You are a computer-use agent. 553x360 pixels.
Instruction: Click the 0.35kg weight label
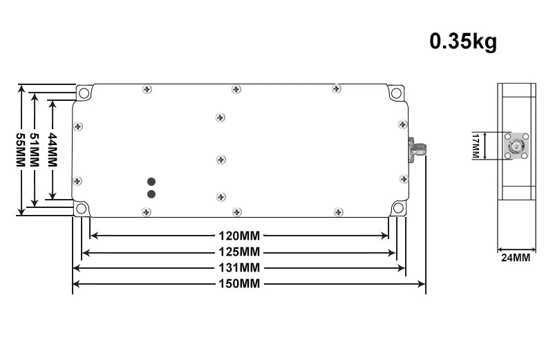pyautogui.click(x=463, y=41)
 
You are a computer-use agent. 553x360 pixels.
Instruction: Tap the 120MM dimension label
pyautogui.click(x=239, y=235)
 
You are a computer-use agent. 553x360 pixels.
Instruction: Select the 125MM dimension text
pyautogui.click(x=239, y=251)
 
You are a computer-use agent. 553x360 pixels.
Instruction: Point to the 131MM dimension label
pyautogui.click(x=239, y=267)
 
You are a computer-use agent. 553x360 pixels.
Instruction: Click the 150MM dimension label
pyautogui.click(x=239, y=284)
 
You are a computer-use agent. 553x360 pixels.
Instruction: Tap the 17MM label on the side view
pyautogui.click(x=476, y=146)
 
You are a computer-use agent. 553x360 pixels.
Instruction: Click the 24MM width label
pyautogui.click(x=516, y=258)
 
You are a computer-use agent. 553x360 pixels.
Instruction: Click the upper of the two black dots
pyautogui.click(x=151, y=182)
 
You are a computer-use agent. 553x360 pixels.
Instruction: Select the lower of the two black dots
pyautogui.click(x=151, y=194)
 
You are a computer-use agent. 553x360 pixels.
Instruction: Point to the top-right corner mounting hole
pyautogui.click(x=396, y=93)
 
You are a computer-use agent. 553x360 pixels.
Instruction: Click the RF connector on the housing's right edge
pyautogui.click(x=417, y=147)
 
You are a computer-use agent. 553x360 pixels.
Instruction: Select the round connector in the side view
pyautogui.click(x=516, y=146)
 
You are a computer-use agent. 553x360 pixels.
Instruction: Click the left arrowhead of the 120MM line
pyautogui.click(x=94, y=235)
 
